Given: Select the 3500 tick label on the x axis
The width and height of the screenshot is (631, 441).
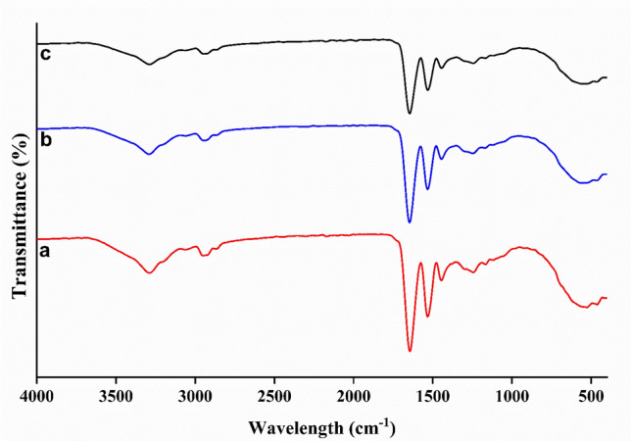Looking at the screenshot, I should click(x=116, y=399).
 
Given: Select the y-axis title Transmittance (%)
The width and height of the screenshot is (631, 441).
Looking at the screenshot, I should click(x=18, y=219).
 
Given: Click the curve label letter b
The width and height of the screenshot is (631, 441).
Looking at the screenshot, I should click(x=44, y=140).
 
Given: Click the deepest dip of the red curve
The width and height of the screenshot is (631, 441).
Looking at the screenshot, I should click(x=410, y=351).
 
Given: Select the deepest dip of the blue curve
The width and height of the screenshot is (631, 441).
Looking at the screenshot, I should click(x=410, y=222).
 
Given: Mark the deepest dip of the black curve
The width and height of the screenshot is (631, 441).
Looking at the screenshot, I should click(x=410, y=114).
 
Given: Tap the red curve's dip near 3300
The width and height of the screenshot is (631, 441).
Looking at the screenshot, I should click(x=149, y=272).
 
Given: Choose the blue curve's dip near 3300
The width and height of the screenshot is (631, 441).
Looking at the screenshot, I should click(x=149, y=154).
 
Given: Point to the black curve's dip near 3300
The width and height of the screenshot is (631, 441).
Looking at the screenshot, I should click(x=149, y=65).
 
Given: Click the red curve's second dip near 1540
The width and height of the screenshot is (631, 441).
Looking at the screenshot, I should click(x=427, y=317).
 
